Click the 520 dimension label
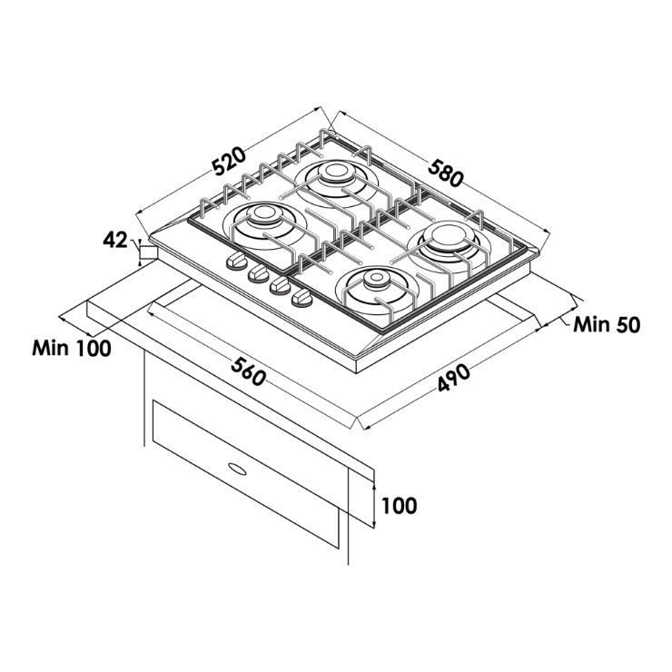230,162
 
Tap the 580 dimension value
445,173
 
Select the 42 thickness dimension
114,241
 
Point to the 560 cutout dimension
248,371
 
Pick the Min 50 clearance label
607,325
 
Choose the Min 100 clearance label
72,348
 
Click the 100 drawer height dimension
399,506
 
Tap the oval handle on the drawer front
237,469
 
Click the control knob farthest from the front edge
236,261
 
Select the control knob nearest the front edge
301,298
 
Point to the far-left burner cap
262,213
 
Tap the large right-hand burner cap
449,235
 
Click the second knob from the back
258,272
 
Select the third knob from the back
280,285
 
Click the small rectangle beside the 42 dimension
148,252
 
